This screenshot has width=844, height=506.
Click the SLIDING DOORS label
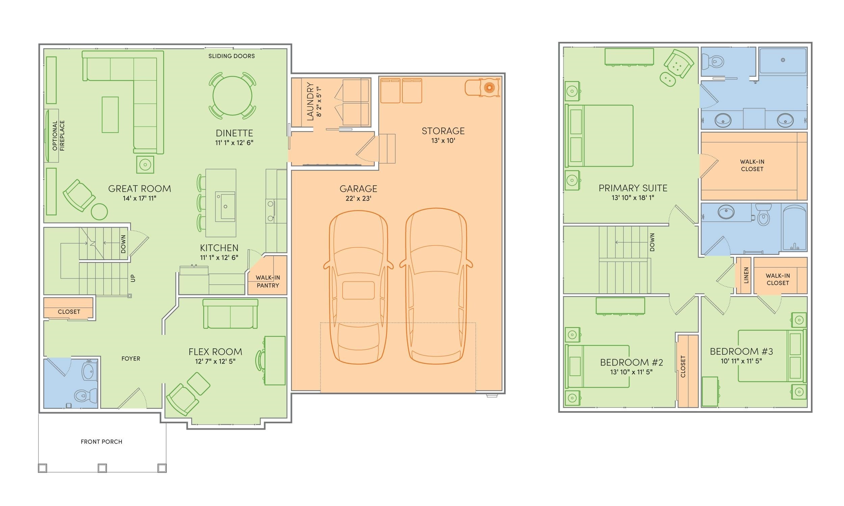(232, 56)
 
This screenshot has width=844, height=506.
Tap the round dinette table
(232, 96)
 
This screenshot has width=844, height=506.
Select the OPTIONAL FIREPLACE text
(58, 136)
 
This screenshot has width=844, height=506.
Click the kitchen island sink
(225, 206)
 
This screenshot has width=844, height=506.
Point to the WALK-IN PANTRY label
(268, 282)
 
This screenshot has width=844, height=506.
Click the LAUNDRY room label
(310, 101)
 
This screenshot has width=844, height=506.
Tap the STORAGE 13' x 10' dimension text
(443, 140)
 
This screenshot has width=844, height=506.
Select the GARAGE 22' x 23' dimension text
(359, 198)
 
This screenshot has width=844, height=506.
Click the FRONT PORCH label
(101, 442)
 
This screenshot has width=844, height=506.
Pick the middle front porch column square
(102, 468)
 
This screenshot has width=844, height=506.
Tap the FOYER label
(131, 358)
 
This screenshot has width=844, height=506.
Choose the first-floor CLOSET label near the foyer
(69, 312)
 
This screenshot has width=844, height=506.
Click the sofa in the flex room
(230, 314)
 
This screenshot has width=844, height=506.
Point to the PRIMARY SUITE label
(633, 188)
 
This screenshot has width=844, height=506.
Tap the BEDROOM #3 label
(741, 351)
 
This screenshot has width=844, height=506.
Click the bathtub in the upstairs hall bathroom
(794, 228)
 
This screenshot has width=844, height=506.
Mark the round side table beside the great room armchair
(99, 211)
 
